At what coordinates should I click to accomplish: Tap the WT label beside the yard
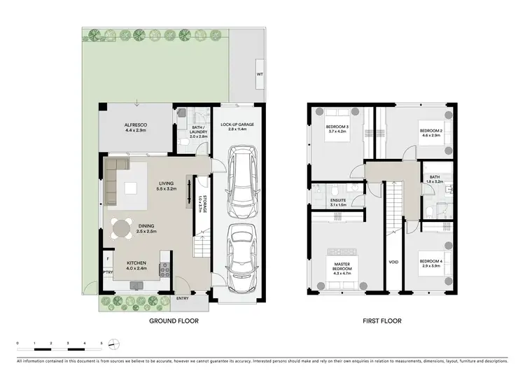(x=260, y=73)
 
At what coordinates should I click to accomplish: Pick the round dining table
(x=122, y=227)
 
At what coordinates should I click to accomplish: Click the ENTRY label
(x=183, y=298)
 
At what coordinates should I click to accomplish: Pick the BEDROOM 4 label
(x=432, y=265)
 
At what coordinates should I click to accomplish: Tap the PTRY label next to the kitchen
(x=108, y=273)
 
